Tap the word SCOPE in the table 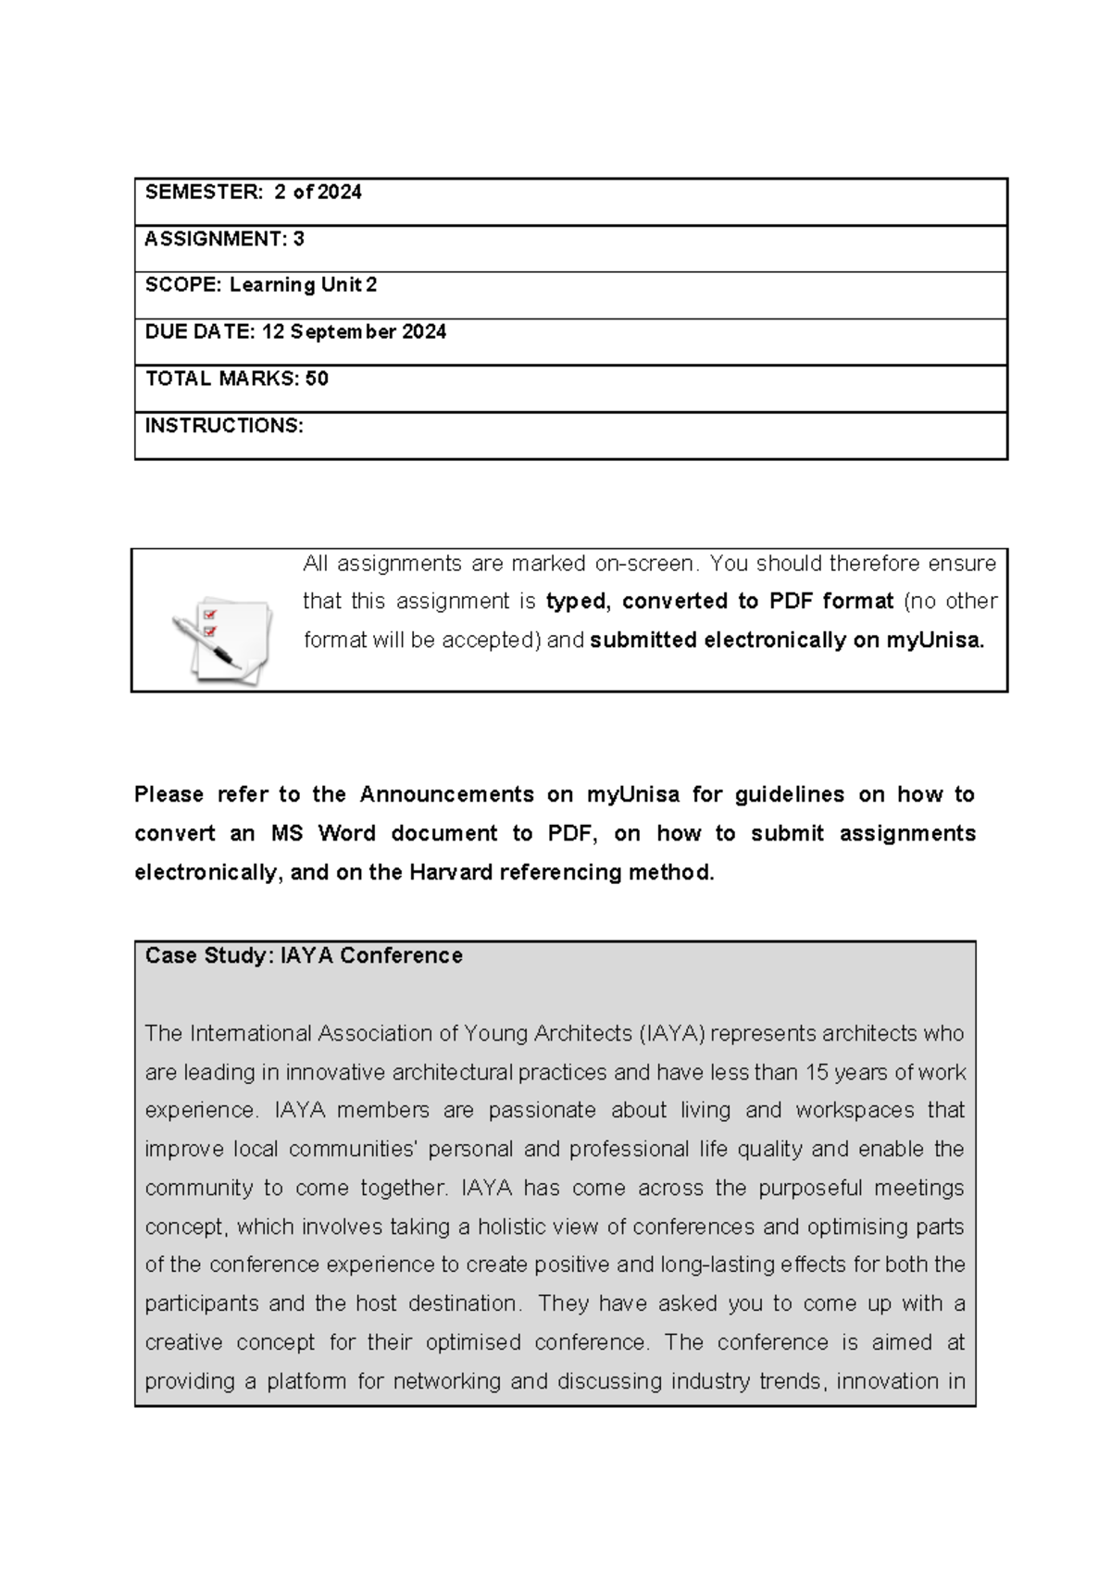click(181, 285)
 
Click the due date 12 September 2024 click(354, 331)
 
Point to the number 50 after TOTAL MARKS click(317, 379)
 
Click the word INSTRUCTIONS click(223, 426)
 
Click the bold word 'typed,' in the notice click(578, 602)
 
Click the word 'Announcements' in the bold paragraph click(446, 795)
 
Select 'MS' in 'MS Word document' click(286, 834)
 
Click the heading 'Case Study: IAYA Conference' click(304, 956)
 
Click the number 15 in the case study click(816, 1073)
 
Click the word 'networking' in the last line click(448, 1382)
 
